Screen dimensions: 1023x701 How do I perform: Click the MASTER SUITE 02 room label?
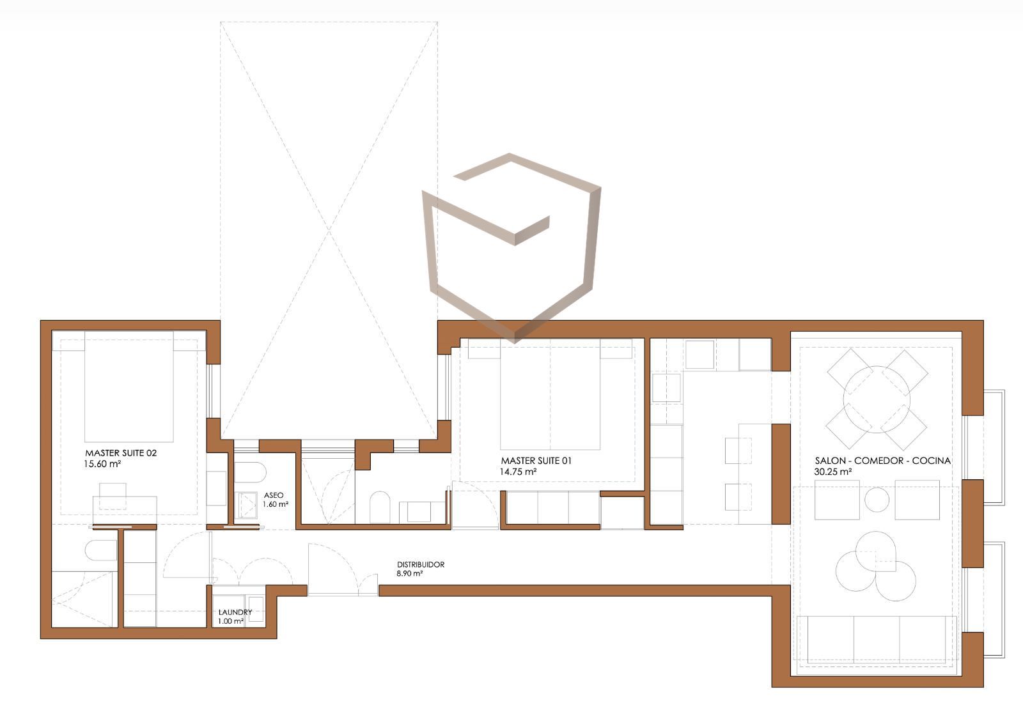(121, 453)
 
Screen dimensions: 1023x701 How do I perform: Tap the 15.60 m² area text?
(102, 464)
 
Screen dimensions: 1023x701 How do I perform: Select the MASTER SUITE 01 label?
(536, 461)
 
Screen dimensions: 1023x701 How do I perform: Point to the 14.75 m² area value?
(518, 472)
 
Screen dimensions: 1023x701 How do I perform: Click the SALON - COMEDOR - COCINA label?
(883, 461)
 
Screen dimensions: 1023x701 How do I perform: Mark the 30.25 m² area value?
(832, 472)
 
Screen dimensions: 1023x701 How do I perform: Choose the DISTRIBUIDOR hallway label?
(421, 564)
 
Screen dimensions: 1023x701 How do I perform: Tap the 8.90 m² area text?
(410, 574)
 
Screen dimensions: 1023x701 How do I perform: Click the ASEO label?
(274, 495)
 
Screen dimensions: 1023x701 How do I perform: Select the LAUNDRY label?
(235, 612)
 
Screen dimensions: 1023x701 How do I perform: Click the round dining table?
(877, 399)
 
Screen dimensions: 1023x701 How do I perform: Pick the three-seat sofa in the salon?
(877, 640)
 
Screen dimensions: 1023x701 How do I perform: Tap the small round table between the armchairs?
(877, 500)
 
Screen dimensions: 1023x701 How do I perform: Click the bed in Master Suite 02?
(129, 387)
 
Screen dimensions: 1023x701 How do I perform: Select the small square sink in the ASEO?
(247, 505)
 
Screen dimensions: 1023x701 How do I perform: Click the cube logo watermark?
(511, 248)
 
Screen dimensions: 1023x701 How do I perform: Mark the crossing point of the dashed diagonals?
(329, 231)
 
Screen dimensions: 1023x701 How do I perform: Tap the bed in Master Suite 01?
(550, 394)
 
